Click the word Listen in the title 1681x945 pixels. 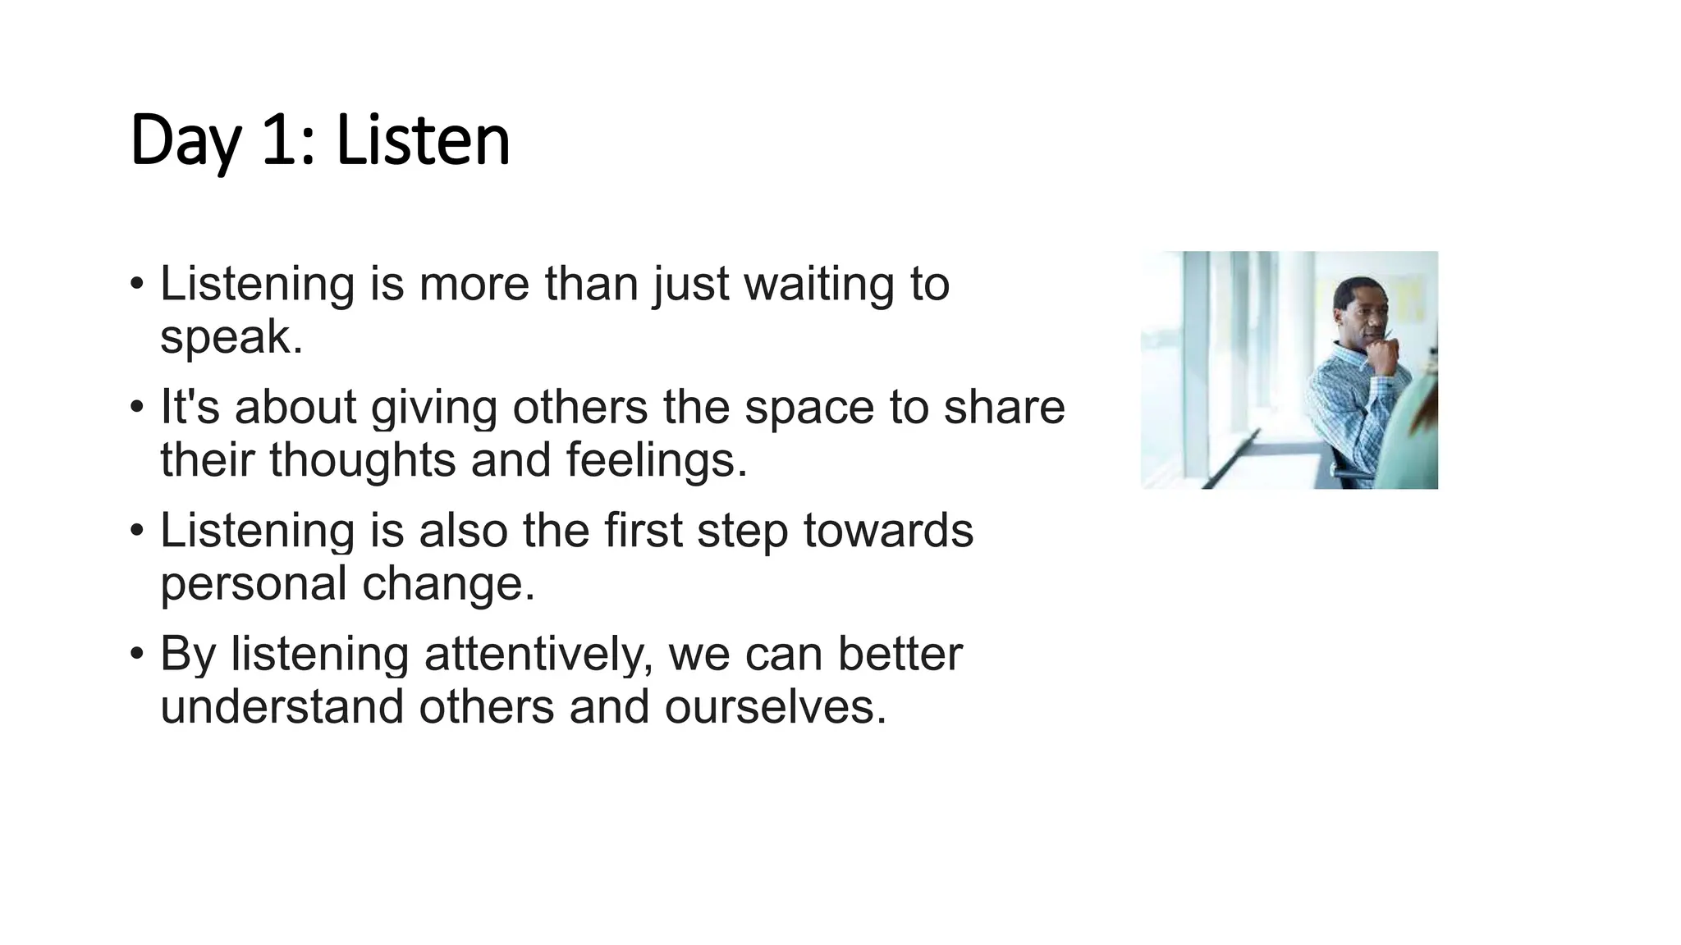pos(423,141)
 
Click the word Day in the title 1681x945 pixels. pos(186,141)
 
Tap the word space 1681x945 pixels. pos(809,408)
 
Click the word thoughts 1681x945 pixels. pos(362,460)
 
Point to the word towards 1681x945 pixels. pos(888,531)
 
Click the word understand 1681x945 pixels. pos(282,707)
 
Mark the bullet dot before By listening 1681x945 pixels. pos(136,655)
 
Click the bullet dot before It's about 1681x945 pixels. pos(136,408)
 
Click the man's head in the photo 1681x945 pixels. pos(1359,309)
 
